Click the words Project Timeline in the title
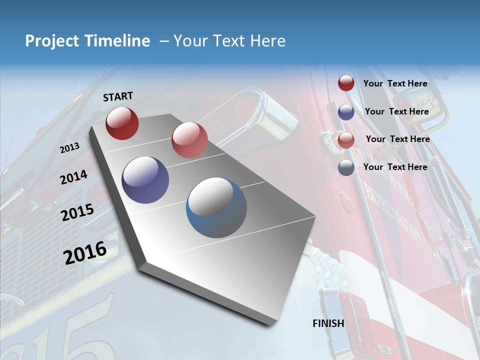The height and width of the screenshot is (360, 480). point(87,41)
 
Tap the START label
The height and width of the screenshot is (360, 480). point(118,96)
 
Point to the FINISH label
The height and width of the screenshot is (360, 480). point(328,323)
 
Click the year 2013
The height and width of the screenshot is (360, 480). point(69,147)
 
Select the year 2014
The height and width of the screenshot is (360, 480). point(73,177)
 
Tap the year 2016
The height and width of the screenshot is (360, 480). point(85,252)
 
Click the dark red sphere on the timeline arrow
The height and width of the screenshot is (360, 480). point(122,123)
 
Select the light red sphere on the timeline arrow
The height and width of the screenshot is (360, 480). point(189,140)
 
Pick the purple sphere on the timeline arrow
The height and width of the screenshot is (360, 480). point(145,180)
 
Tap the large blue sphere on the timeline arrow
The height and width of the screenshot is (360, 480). point(216,207)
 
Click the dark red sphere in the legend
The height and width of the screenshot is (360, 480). point(346,83)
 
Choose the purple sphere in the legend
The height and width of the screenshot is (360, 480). point(346,112)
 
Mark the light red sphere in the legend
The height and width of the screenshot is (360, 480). point(346,140)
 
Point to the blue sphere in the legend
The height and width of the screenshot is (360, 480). point(346,168)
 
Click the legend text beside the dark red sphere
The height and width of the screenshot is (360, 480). point(395,83)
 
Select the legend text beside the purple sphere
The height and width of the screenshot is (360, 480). point(397,111)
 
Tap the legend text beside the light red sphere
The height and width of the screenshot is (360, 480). point(398,139)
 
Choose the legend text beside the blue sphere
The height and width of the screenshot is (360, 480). point(395,167)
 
